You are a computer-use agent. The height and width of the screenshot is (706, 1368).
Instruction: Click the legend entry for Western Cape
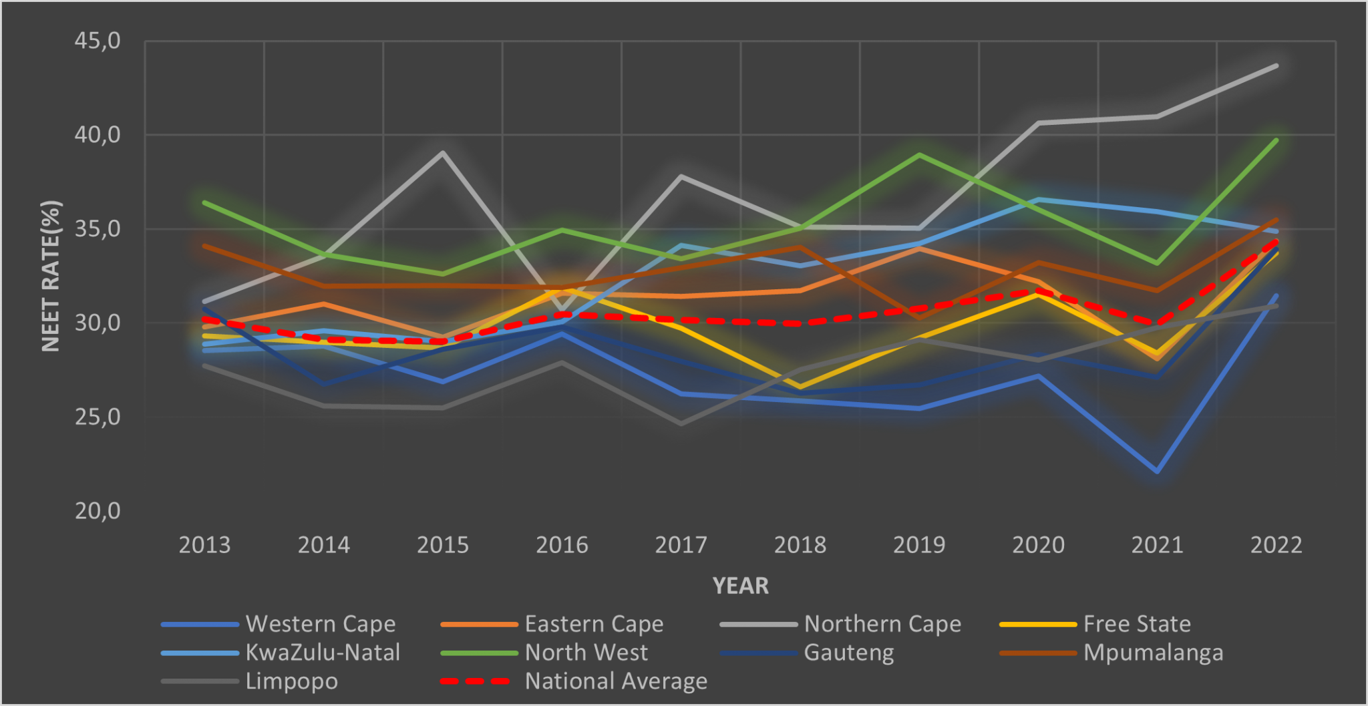point(321,624)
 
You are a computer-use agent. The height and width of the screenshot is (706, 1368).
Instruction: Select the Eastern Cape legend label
point(594,624)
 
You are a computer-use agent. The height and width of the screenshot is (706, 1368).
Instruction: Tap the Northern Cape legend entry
point(882,624)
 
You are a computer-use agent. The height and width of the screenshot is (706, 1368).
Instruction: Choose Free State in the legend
point(1137,624)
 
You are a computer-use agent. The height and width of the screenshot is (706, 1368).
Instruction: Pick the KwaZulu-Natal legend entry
point(323,653)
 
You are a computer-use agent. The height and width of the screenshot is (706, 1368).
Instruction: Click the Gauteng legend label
point(848,653)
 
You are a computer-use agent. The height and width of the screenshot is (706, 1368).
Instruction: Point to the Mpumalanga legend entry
point(1153,653)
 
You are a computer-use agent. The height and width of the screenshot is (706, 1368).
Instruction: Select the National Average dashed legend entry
point(615,681)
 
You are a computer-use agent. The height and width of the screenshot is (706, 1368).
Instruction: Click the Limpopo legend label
point(291,681)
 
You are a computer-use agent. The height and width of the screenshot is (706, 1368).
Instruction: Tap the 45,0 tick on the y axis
point(98,41)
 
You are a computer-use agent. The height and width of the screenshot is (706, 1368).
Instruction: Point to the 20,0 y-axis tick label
point(98,511)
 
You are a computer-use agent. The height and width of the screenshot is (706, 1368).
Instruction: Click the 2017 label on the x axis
point(681,545)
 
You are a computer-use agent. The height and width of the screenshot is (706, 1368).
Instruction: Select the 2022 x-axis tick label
point(1276,545)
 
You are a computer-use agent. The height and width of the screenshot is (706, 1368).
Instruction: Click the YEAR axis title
point(740,586)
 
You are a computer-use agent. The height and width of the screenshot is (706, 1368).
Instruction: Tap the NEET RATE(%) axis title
point(51,276)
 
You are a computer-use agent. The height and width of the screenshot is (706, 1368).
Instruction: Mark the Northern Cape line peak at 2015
point(442,153)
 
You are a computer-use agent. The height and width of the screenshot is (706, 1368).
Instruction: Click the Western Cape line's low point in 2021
point(1157,472)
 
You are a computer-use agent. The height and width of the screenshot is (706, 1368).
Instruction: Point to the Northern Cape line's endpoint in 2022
point(1276,66)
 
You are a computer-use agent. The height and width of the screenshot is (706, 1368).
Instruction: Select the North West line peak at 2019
point(919,155)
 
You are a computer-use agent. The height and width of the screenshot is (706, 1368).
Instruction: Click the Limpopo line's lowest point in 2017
point(681,423)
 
